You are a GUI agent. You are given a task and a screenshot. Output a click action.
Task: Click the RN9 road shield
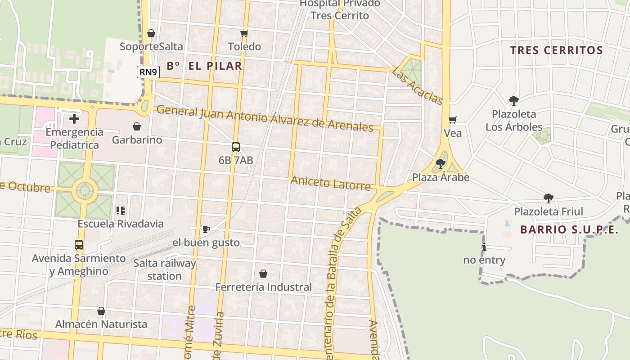(x=148, y=72)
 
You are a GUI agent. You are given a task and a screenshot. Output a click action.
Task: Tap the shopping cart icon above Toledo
(x=244, y=33)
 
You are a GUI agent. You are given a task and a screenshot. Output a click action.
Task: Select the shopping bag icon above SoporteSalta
(x=151, y=33)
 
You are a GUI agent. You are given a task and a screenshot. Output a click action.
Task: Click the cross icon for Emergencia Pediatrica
(x=74, y=119)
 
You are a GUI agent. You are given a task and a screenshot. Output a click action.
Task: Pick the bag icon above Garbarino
(x=137, y=127)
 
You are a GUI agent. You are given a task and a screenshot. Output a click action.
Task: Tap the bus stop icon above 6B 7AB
(x=235, y=147)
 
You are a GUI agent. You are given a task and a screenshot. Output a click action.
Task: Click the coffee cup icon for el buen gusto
(x=206, y=229)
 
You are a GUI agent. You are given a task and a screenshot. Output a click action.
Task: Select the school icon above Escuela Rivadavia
(x=120, y=210)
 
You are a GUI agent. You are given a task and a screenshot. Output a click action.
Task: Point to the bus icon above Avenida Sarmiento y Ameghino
(x=79, y=245)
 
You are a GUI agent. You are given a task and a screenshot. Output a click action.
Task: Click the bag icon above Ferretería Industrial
(x=263, y=274)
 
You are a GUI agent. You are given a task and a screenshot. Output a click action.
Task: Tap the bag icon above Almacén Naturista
(x=101, y=311)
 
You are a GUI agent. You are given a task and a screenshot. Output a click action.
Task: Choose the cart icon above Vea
(x=453, y=120)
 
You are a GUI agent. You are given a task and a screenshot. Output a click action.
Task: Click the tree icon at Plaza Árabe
(x=441, y=164)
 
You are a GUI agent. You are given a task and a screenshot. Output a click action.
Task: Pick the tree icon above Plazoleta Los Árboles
(x=513, y=100)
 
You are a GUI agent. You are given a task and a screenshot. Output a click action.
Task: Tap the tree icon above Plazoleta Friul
(x=548, y=198)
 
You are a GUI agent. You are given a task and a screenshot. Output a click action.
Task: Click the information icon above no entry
(x=484, y=247)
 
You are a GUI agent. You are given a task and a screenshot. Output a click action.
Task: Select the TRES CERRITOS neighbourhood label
(x=557, y=50)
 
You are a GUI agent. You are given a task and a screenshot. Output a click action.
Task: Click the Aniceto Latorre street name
(x=331, y=183)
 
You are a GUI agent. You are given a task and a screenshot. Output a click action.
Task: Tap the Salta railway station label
(x=165, y=270)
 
